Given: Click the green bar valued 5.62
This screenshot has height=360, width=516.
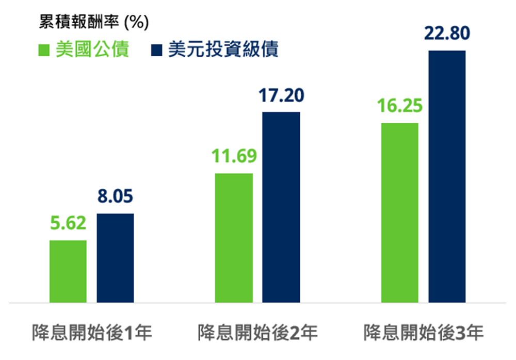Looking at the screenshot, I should (68, 271).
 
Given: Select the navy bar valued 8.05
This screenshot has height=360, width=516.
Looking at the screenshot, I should (115, 258).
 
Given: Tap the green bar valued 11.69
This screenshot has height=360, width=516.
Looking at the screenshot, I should (234, 238).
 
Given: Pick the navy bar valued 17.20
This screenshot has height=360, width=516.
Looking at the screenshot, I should (281, 207).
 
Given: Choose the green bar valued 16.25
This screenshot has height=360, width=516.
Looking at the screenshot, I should (400, 212).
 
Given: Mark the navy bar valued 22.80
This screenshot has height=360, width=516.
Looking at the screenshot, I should (447, 176).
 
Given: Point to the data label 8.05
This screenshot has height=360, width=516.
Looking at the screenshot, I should (115, 197).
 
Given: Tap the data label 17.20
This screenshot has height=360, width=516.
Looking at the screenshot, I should (281, 95).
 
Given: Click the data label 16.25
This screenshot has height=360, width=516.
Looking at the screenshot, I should (400, 106).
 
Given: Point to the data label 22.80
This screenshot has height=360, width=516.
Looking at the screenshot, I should (447, 34).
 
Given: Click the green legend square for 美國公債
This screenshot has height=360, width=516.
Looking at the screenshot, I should (44, 51).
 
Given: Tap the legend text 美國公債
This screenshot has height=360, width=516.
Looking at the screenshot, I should (92, 50).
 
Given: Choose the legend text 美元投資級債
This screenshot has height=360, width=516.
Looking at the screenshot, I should (223, 50).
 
